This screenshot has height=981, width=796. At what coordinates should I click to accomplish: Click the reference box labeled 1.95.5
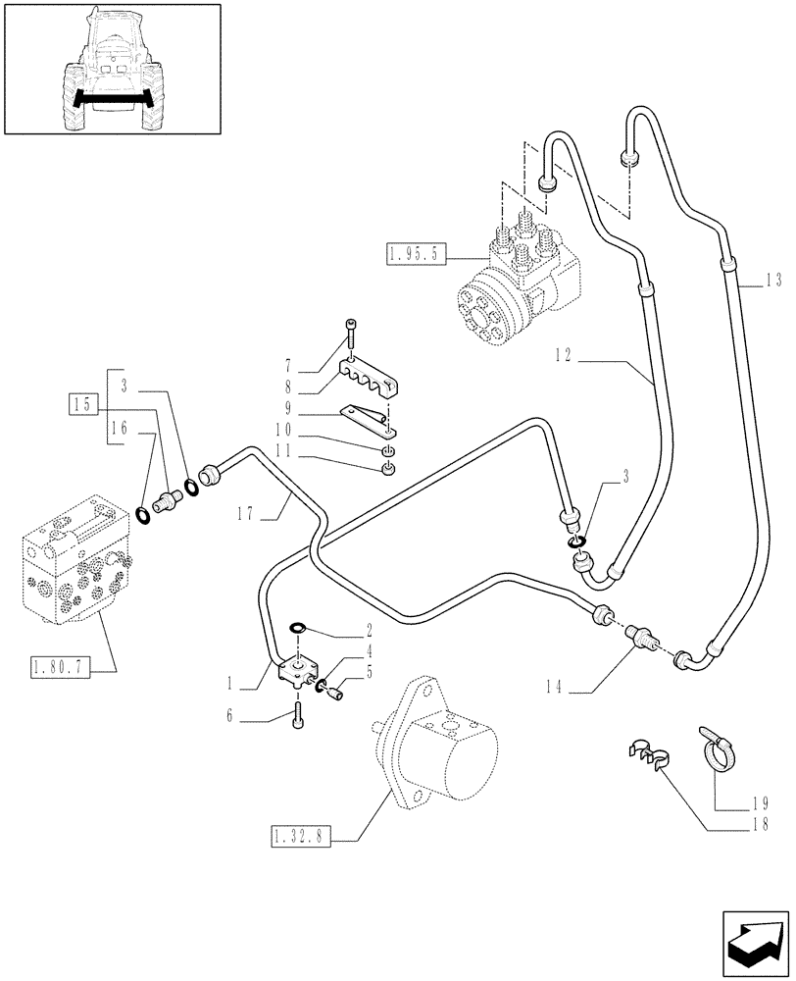(x=417, y=256)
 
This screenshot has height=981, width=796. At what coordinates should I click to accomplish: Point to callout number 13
(x=774, y=281)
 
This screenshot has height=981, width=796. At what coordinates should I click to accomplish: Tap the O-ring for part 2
(x=297, y=629)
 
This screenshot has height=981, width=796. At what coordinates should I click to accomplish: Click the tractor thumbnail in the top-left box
(x=111, y=68)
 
